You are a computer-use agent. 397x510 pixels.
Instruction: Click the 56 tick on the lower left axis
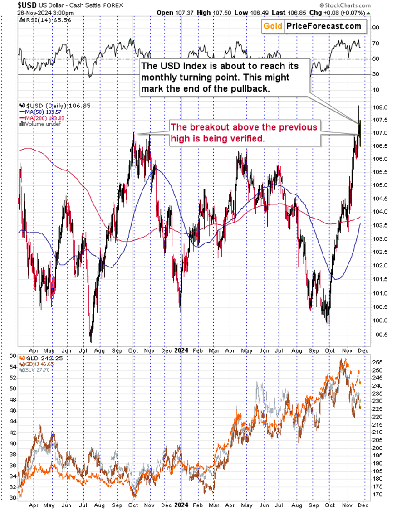click(11, 356)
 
